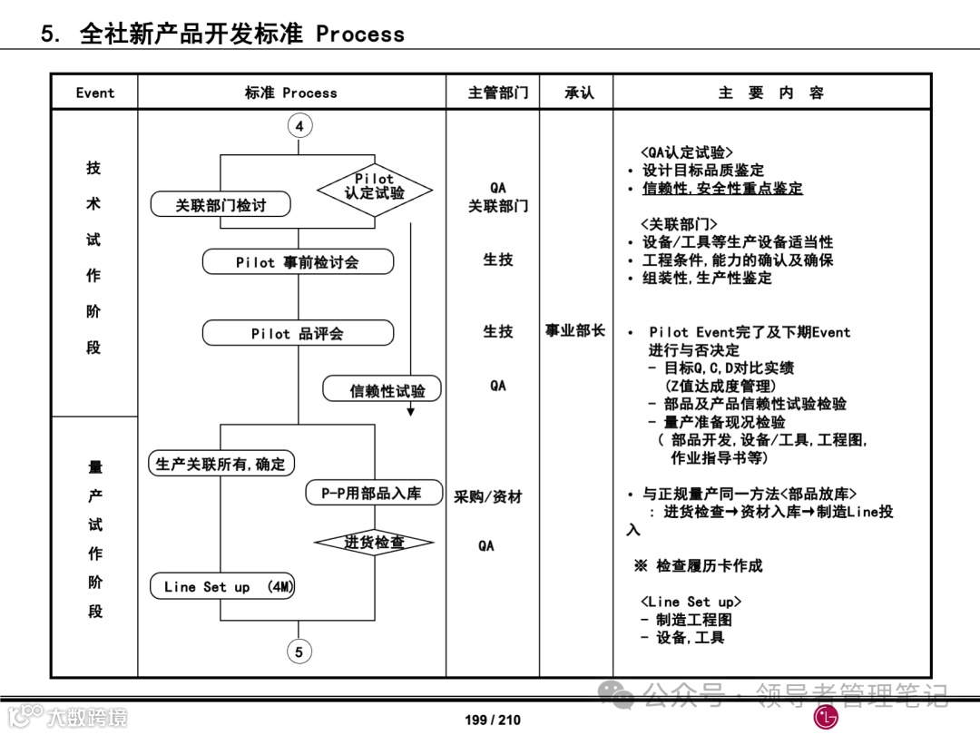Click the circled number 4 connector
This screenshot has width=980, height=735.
tap(299, 126)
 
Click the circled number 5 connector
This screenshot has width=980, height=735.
tap(299, 651)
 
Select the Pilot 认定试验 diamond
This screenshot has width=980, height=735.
tap(374, 187)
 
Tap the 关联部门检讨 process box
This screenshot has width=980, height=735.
tap(220, 205)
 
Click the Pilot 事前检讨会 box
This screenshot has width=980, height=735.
tap(298, 262)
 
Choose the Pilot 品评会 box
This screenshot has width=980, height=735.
tap(298, 334)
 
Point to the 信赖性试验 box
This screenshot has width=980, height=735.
tap(382, 390)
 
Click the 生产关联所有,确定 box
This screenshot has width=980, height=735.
tap(220, 464)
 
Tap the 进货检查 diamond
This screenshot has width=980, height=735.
tap(374, 543)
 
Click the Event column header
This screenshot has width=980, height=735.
tap(94, 93)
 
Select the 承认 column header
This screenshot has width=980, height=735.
tap(579, 93)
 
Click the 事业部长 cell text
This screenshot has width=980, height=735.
tap(575, 331)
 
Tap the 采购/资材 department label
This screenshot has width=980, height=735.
tap(488, 497)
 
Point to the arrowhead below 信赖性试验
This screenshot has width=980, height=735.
tap(410, 410)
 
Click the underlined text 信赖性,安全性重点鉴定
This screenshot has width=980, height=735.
tap(722, 189)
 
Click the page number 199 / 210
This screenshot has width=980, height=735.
tap(493, 720)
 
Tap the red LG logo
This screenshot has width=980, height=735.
tap(826, 717)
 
